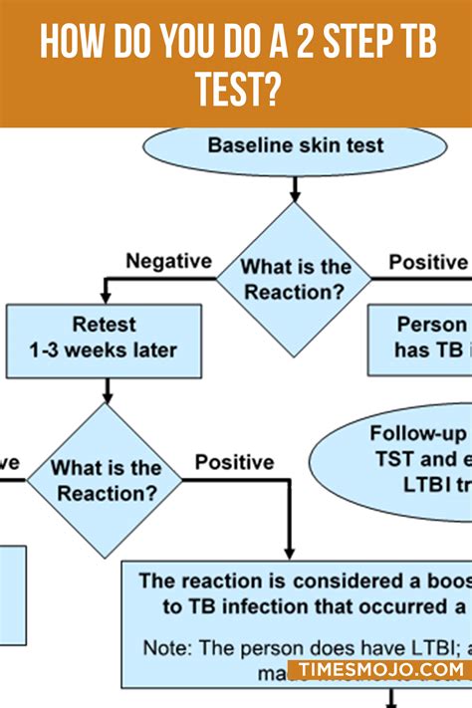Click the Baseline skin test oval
point(295,147)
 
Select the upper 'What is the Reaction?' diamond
point(295,279)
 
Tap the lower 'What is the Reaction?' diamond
point(106,480)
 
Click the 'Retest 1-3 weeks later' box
point(104,339)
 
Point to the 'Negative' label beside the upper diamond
point(168,261)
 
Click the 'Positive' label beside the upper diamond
point(427,262)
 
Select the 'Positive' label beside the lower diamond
point(234,462)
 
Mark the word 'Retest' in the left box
point(104,325)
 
